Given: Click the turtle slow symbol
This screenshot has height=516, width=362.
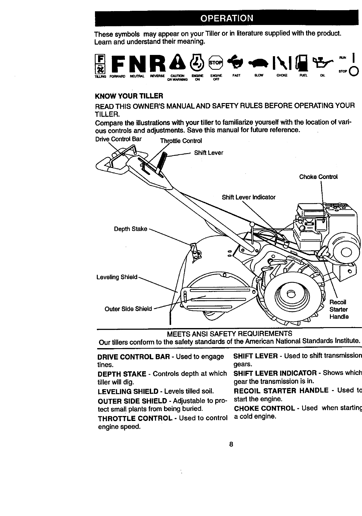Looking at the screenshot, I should tap(260, 64).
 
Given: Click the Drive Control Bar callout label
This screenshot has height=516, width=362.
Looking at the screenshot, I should tap(119, 139).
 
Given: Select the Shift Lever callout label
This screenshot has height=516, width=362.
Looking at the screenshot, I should tap(208, 153).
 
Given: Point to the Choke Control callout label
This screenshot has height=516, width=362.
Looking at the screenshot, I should tap(318, 177).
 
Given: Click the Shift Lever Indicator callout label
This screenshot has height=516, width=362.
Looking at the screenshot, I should tap(249, 197).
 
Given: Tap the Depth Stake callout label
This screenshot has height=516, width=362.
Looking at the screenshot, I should tap(131, 229).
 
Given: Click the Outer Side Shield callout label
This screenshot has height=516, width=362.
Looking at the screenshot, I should tap(128, 309).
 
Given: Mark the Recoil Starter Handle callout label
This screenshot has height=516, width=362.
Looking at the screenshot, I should tap(339, 309).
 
